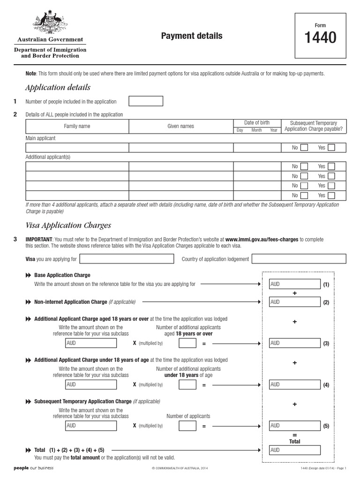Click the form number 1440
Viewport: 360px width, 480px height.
(321, 38)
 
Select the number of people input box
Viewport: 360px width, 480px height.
(146, 101)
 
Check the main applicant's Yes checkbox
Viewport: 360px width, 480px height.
(331, 148)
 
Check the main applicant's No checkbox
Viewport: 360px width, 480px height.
(304, 148)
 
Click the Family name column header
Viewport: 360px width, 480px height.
(77, 126)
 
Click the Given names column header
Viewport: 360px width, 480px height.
(180, 126)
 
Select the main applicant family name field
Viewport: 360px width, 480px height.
(77, 148)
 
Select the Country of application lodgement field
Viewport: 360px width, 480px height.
(299, 259)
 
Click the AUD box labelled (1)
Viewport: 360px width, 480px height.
(294, 284)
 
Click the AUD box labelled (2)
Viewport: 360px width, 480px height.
(294, 302)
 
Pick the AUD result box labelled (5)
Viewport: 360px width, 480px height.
(294, 426)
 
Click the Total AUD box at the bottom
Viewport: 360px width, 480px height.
(294, 450)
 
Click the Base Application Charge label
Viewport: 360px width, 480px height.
(62, 275)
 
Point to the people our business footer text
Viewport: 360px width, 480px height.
(34, 468)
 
